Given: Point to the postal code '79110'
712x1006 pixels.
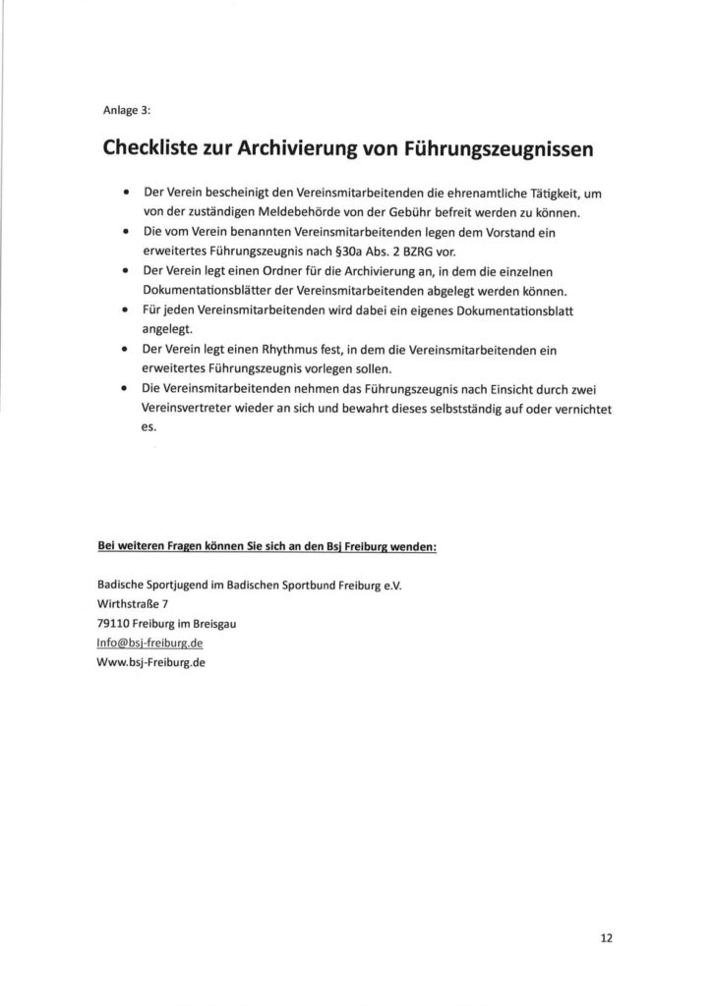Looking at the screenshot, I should coord(115,622).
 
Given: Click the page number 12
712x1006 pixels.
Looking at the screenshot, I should coord(606,937).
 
